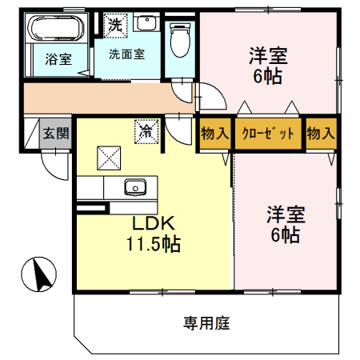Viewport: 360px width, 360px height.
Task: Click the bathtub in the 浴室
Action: click(56, 28)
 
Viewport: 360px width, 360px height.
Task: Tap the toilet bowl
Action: click(180, 40)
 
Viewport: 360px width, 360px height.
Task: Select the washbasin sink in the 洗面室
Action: click(146, 22)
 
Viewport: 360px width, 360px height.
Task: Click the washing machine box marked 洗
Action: click(115, 26)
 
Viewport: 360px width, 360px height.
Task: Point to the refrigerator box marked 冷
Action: click(146, 131)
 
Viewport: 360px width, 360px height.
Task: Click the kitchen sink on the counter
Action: click(135, 187)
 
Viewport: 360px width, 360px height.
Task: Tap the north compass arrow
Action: click(40, 274)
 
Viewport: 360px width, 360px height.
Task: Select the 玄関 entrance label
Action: click(56, 133)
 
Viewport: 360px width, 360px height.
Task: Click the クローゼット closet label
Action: click(268, 133)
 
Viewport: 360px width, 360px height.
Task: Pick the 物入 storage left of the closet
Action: click(215, 133)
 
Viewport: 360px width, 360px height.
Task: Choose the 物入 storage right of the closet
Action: click(321, 133)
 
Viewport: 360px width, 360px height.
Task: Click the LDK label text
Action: click(154, 223)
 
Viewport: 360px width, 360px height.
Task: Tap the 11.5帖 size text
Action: click(154, 244)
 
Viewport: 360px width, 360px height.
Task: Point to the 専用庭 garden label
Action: click(206, 323)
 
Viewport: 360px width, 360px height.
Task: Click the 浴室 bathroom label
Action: click(58, 59)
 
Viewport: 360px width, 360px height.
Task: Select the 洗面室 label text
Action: click(127, 54)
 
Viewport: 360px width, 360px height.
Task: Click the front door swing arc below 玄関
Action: click(50, 172)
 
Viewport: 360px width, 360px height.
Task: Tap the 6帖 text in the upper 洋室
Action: click(268, 76)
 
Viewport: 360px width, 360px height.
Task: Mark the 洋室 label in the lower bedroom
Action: click(286, 214)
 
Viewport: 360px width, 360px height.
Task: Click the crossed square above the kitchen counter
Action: click(109, 158)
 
